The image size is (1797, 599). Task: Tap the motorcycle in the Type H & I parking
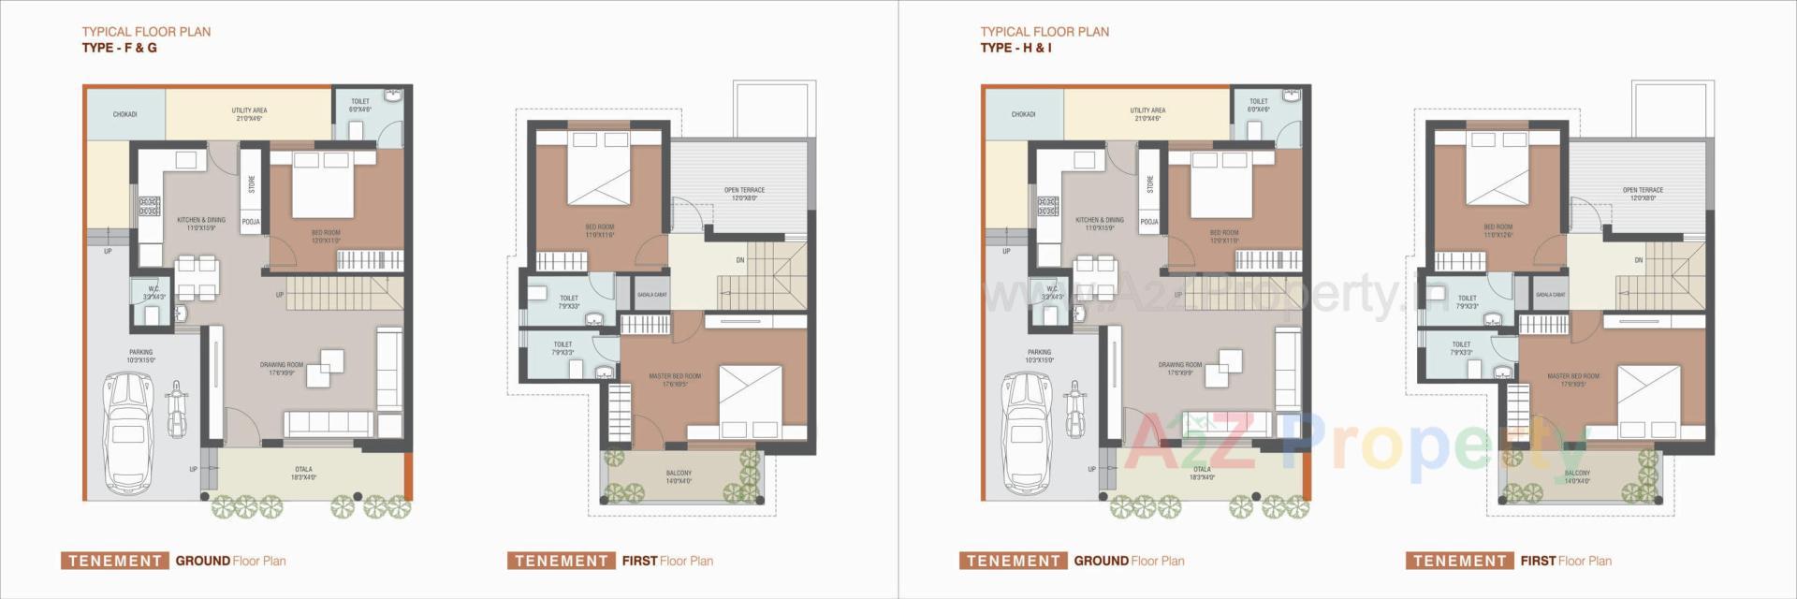tap(1074, 410)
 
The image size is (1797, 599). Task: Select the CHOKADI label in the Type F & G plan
tap(124, 114)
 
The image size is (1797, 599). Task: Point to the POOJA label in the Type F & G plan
tap(251, 222)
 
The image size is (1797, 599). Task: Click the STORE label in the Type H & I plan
tap(1150, 184)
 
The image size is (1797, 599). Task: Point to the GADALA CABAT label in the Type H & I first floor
tap(1550, 295)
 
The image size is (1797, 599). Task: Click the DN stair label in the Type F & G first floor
tap(739, 260)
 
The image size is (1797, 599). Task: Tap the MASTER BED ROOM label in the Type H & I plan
tap(1572, 379)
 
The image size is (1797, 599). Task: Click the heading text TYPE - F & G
tap(119, 48)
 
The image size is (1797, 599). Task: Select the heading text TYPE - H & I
tap(1015, 48)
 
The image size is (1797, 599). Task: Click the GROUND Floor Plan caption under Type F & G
tap(230, 561)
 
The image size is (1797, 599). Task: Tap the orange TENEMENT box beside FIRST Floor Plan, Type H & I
tap(1458, 561)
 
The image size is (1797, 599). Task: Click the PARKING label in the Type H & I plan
tap(1039, 356)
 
